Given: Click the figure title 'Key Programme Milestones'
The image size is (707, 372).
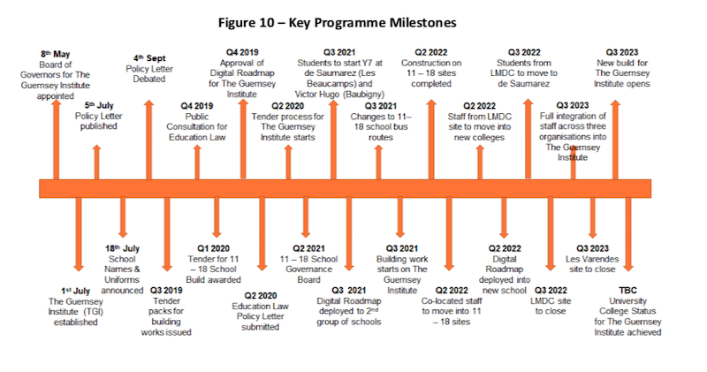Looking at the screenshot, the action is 372,23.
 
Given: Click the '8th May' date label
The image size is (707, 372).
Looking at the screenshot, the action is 56,54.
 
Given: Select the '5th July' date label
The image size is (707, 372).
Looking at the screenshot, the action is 99,105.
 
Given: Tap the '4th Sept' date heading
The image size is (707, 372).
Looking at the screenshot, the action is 149,58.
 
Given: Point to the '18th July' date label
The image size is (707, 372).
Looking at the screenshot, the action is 122,248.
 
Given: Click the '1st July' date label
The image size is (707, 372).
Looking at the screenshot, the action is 75,291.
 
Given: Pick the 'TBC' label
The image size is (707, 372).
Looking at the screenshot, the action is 627,291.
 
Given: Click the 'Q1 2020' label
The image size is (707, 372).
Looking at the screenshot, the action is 213,248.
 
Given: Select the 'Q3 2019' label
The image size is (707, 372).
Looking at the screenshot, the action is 166,291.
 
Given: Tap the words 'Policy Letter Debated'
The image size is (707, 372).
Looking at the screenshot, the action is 149,74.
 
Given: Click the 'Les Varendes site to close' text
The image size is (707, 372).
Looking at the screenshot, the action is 592,264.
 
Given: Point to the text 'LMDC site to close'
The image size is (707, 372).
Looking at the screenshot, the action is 550,306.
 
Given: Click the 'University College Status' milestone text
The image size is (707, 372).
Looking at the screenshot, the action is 627,306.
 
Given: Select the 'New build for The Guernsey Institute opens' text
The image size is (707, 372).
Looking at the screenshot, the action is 622,73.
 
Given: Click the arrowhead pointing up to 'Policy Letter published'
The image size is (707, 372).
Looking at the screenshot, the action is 96,149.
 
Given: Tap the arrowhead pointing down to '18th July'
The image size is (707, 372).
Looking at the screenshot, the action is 123,233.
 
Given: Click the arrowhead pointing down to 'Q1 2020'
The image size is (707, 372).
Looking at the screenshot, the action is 217,233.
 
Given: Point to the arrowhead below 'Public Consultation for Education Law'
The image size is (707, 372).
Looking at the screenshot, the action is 197,149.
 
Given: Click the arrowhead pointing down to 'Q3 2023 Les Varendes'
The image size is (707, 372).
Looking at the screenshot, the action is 592,233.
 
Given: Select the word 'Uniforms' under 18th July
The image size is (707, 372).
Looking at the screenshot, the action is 122,279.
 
